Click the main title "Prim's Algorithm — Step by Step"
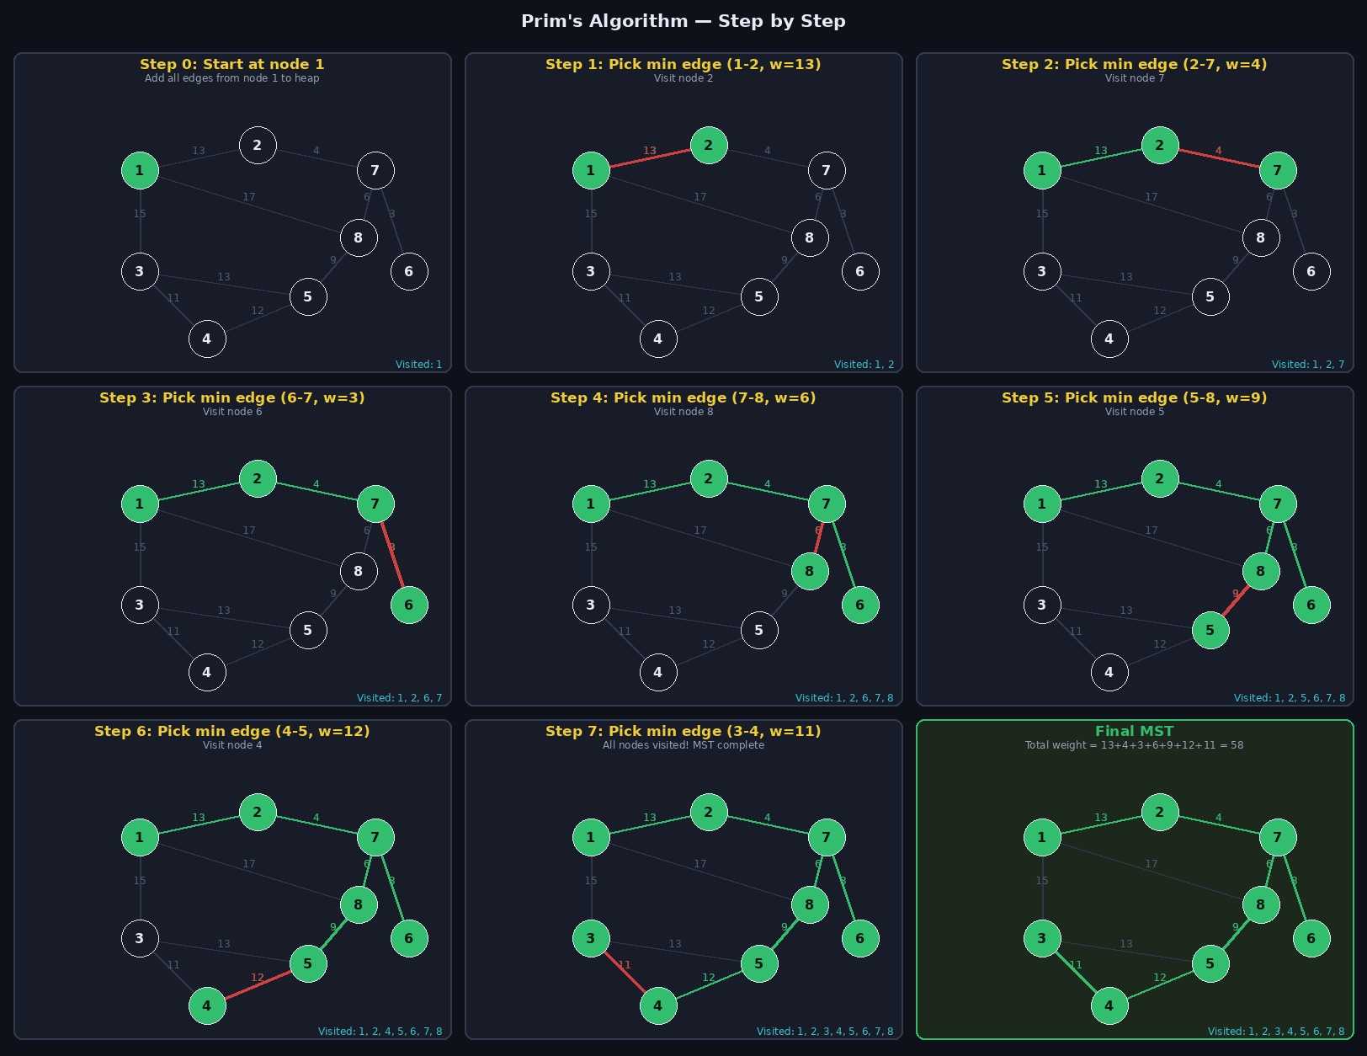pos(683,21)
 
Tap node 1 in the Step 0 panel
pos(140,170)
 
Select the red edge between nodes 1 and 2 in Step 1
pos(649,157)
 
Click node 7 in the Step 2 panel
pos(1277,170)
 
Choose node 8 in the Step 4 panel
pos(809,571)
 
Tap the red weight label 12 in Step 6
pos(258,978)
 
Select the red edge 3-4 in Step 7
pos(625,972)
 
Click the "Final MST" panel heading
pos(1134,731)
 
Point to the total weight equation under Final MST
pos(1134,745)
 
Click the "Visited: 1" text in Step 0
pos(418,365)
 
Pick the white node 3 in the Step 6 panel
pos(140,938)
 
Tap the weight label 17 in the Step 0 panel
pos(249,197)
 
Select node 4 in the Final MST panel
pos(1109,1005)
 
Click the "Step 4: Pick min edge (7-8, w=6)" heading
pos(683,397)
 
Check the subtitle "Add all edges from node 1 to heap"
pos(231,78)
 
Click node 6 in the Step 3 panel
pos(409,605)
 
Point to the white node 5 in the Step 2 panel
pos(1210,296)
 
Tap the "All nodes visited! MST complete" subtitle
pos(683,745)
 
